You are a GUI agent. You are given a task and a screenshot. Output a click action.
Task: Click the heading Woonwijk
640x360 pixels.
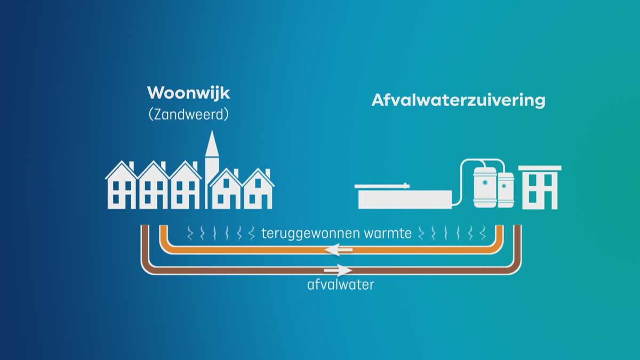coord(188,93)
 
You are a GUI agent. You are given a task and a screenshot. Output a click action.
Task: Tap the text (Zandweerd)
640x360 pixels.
coord(188,115)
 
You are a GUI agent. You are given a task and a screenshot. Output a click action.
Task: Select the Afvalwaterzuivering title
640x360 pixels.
coord(458,101)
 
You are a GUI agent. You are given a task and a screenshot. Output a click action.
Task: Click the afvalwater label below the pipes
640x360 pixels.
coord(341,284)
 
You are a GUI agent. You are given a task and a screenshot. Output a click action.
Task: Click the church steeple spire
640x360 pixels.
coord(212,147)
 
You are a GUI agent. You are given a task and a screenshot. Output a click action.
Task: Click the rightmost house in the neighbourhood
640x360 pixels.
coord(259,189)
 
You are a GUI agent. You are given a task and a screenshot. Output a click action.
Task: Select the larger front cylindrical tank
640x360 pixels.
coord(485,187)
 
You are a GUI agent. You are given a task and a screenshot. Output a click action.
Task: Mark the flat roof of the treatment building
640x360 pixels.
coord(540,169)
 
